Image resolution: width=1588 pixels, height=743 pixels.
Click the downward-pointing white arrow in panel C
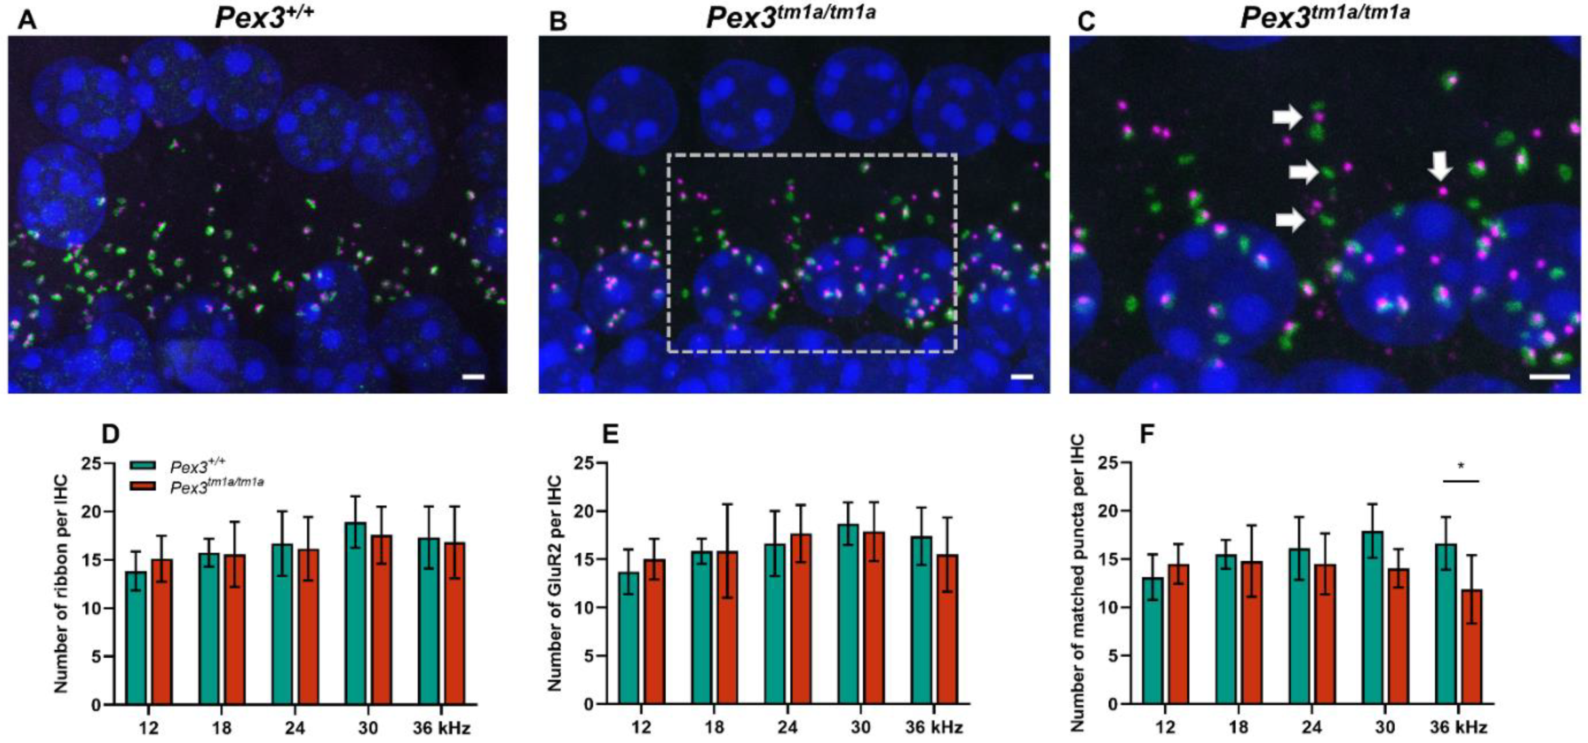pos(1440,166)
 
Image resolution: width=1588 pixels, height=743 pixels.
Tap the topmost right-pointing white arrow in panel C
pos(1287,117)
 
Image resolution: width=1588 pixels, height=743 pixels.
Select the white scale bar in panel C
pos(1549,376)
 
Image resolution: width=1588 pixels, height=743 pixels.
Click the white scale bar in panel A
pos(473,376)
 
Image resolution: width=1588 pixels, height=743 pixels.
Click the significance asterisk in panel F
pos(1461,466)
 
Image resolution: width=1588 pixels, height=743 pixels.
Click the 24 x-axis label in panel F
pos(1312,728)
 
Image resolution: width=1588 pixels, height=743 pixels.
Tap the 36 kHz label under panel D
pos(441,728)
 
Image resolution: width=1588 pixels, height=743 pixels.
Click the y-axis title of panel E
pos(554,582)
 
